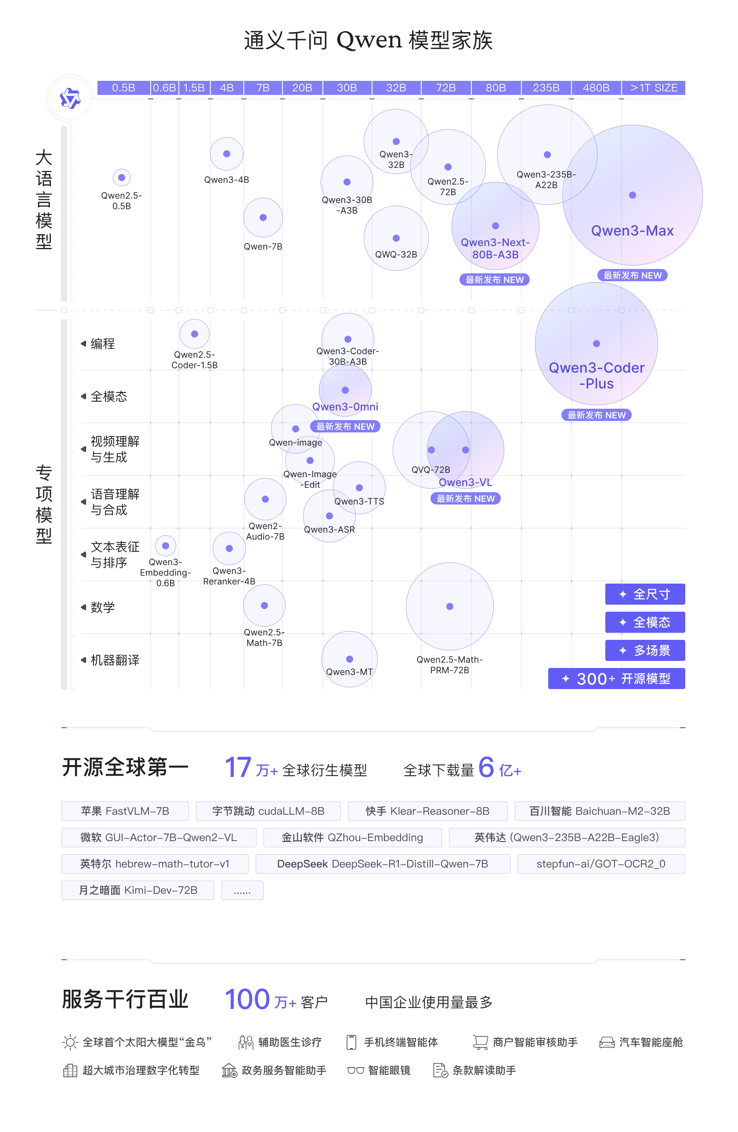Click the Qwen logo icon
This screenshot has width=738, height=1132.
70,98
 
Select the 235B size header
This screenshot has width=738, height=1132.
546,88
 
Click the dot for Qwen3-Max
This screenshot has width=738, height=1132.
632,195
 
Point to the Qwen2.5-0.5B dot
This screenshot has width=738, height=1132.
122,178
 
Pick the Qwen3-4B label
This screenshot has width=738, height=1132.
226,180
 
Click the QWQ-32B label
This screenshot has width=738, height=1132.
396,254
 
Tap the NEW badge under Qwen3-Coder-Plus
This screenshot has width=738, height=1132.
596,415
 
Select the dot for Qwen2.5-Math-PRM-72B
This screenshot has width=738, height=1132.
449,606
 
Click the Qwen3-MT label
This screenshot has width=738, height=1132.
349,671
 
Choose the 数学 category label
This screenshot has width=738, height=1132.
103,607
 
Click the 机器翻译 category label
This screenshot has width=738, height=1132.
115,660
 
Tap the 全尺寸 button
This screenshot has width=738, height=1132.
644,594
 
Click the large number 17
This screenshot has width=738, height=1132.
238,767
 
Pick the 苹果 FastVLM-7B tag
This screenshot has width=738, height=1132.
125,811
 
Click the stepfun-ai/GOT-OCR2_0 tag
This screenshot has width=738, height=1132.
601,864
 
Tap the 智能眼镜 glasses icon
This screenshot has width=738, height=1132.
355,1070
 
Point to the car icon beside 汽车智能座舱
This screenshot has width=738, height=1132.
606,1043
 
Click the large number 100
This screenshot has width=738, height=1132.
247,999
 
